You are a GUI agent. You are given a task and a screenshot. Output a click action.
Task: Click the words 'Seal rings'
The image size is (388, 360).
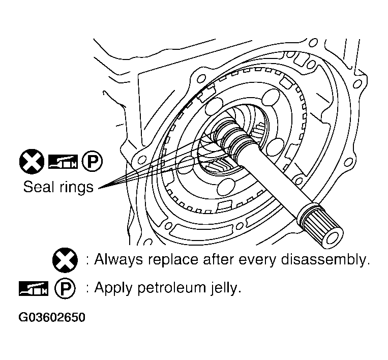click(58, 187)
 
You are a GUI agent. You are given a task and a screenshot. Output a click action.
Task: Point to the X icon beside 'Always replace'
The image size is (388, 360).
click(65, 260)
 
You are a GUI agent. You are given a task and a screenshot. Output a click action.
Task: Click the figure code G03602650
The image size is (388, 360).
click(52, 318)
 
